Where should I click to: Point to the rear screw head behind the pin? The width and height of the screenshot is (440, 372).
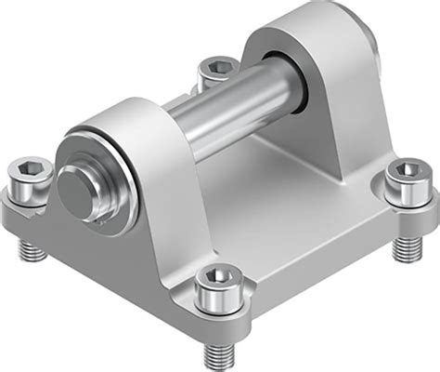(x=216, y=70)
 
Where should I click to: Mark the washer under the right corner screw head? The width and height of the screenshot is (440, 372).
(x=405, y=196)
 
